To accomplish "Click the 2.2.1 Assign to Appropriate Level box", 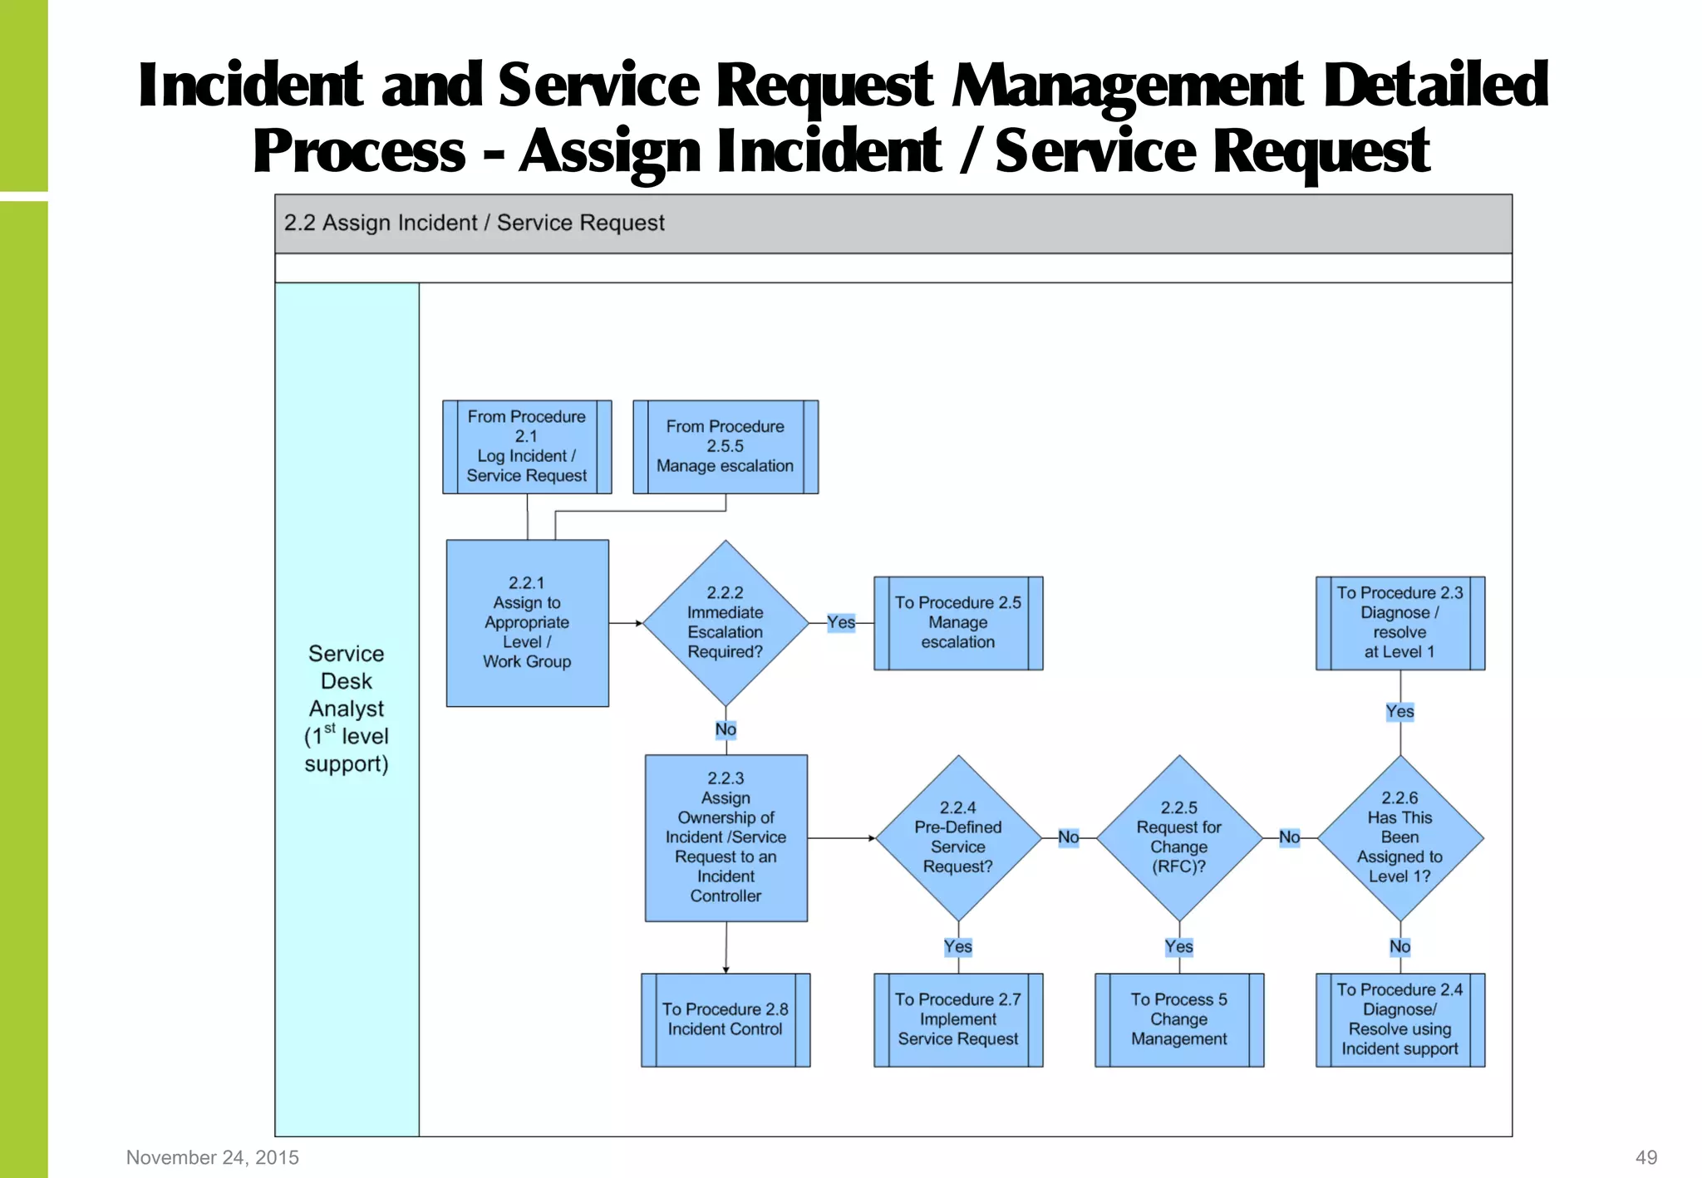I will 527,623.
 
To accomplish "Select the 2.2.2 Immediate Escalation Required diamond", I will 726,623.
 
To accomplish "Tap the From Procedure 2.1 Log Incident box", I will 527,447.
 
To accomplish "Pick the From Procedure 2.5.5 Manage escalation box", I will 726,447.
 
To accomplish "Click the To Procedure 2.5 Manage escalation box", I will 958,623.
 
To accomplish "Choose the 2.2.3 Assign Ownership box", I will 726,837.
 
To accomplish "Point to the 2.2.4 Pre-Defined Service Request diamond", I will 958,837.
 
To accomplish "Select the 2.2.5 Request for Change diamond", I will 1179,837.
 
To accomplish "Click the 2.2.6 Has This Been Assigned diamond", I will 1400,837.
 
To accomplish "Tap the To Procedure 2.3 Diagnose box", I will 1400,623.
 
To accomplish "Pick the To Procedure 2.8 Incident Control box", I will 726,1019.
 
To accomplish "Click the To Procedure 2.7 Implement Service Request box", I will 958,1019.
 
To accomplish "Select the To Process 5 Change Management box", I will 1179,1019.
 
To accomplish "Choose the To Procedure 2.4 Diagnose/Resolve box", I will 1400,1019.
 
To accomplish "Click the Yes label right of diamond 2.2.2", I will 841,622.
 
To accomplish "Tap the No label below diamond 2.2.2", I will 726,729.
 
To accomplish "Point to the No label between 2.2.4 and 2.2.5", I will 1069,837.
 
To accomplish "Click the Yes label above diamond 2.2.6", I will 1400,712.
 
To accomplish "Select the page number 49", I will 1645,1157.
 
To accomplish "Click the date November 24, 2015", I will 213,1157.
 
